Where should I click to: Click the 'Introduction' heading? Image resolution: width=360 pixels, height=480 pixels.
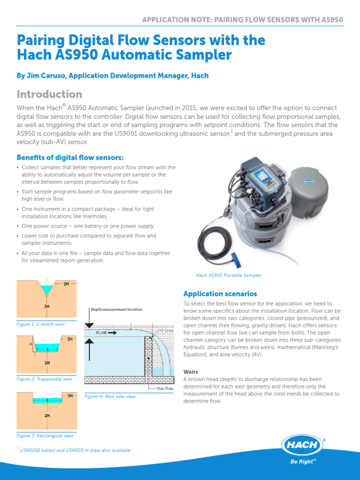point(49,94)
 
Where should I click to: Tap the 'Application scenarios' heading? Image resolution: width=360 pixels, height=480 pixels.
point(220,294)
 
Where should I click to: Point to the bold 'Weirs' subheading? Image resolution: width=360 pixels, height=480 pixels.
point(191,371)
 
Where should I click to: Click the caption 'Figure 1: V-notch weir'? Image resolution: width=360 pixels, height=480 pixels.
point(40,324)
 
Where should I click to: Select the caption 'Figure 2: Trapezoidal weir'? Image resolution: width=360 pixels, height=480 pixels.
point(45,379)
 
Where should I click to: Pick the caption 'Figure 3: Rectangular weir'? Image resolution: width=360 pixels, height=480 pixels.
point(45,435)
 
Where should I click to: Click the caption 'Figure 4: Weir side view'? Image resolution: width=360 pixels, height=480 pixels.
point(110,397)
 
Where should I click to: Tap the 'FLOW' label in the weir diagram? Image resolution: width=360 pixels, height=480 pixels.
point(102,333)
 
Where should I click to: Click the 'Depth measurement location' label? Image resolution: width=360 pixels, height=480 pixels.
point(116,310)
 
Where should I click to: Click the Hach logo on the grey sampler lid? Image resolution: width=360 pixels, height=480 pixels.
point(308,180)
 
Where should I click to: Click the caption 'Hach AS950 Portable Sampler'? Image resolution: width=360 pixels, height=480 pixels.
point(228,275)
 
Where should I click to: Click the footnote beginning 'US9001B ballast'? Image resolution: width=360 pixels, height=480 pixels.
point(75,450)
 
